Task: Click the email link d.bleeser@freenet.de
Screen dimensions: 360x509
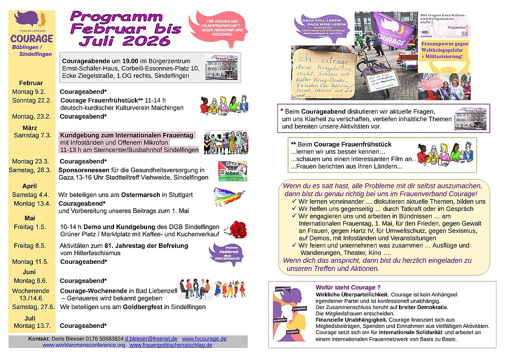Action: tap(151, 339)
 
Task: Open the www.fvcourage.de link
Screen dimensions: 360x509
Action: tap(204, 339)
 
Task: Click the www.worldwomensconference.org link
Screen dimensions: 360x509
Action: tap(83, 345)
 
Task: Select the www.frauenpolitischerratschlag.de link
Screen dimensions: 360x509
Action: tap(171, 345)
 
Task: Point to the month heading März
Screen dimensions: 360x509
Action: tap(30, 127)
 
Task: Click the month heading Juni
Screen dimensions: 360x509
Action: tap(31, 271)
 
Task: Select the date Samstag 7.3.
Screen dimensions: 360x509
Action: tap(32, 135)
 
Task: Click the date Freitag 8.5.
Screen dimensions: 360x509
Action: tap(31, 245)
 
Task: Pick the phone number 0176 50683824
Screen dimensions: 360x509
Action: tap(104, 339)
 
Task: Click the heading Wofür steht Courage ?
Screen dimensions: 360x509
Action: tap(348, 287)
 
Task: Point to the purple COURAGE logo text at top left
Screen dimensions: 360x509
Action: tap(32, 39)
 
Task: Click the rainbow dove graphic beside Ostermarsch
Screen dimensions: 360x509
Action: tap(229, 196)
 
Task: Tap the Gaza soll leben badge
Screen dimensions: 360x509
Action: tap(232, 171)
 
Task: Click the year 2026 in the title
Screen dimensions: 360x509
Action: tap(143, 40)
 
